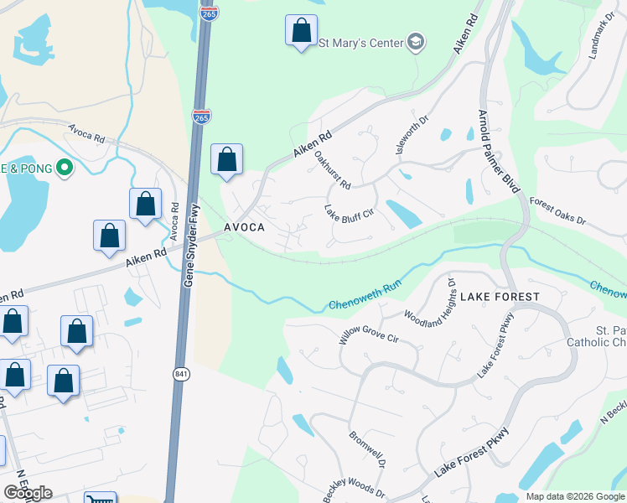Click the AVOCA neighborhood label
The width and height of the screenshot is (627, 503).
pyautogui.click(x=245, y=228)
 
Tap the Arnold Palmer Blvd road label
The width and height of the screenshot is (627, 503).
pyautogui.click(x=498, y=151)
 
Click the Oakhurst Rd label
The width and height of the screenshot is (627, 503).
pyautogui.click(x=332, y=169)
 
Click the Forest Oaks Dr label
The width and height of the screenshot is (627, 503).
pyautogui.click(x=558, y=212)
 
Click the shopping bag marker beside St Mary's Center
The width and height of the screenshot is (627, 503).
pyautogui.click(x=300, y=32)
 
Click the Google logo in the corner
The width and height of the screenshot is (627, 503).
pyautogui.click(x=28, y=493)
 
